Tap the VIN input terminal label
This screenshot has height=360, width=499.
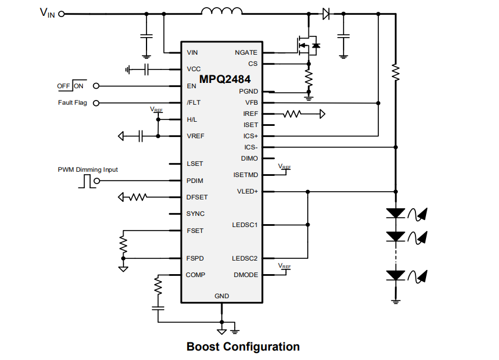tap(47, 13)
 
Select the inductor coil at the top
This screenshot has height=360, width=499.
tap(221, 11)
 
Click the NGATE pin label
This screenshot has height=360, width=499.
tap(246, 52)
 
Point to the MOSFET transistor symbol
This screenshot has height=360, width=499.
tap(307, 45)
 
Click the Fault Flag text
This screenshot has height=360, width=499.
tap(72, 103)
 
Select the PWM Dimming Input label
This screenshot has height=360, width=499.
tap(88, 169)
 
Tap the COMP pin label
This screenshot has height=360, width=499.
tap(195, 275)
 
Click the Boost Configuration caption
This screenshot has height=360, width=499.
tap(243, 346)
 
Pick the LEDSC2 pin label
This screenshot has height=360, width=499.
tap(245, 258)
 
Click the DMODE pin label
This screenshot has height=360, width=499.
tap(246, 275)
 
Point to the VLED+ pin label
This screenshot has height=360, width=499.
tap(247, 191)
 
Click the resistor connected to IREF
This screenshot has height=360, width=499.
tap(292, 114)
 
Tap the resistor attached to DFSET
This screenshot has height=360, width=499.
tap(138, 197)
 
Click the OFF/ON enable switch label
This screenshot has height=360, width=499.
tap(71, 86)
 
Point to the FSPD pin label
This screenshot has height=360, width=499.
tap(195, 258)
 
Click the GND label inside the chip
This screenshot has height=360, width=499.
tap(222, 296)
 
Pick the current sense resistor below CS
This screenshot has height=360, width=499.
tap(308, 77)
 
